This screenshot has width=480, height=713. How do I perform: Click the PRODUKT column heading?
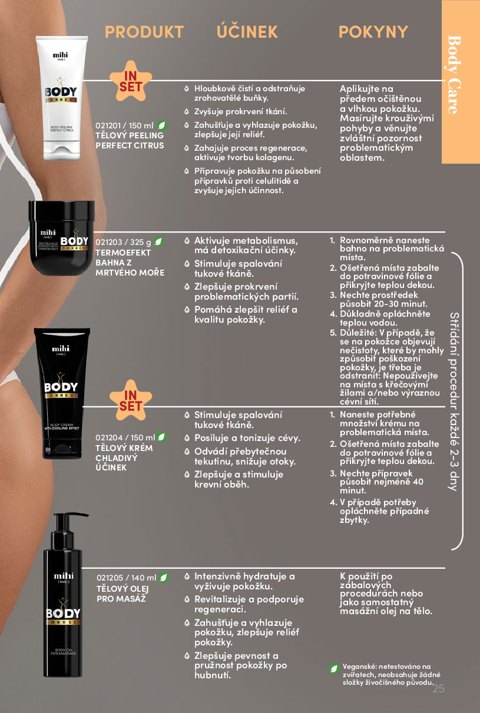[x=144, y=32]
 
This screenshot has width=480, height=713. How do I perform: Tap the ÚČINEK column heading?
[x=247, y=31]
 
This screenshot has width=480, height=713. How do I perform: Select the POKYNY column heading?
[x=373, y=32]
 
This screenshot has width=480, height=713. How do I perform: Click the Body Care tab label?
[x=454, y=75]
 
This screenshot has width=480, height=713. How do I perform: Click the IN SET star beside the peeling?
[x=131, y=81]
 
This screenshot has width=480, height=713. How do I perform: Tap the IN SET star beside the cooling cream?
[x=131, y=400]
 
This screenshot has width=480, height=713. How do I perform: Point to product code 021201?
[x=108, y=126]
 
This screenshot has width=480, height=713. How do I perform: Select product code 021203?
[x=109, y=242]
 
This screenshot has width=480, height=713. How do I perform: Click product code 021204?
[x=109, y=437]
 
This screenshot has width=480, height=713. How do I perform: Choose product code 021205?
[x=110, y=578]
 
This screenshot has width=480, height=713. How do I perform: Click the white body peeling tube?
[x=61, y=98]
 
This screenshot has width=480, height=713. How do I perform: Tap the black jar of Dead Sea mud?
[x=61, y=238]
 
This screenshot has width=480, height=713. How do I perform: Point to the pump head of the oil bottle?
[x=67, y=525]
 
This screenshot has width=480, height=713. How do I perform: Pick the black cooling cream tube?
[x=62, y=393]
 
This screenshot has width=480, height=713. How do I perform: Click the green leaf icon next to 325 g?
[x=158, y=242]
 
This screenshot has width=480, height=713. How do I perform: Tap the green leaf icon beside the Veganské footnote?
[x=334, y=668]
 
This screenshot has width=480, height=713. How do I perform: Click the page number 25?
[x=438, y=689]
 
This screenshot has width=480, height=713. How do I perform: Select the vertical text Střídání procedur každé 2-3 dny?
[x=455, y=402]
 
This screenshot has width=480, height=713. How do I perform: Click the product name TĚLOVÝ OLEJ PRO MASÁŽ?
[x=123, y=593]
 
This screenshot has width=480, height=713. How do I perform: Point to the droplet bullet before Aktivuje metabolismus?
[x=187, y=241]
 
